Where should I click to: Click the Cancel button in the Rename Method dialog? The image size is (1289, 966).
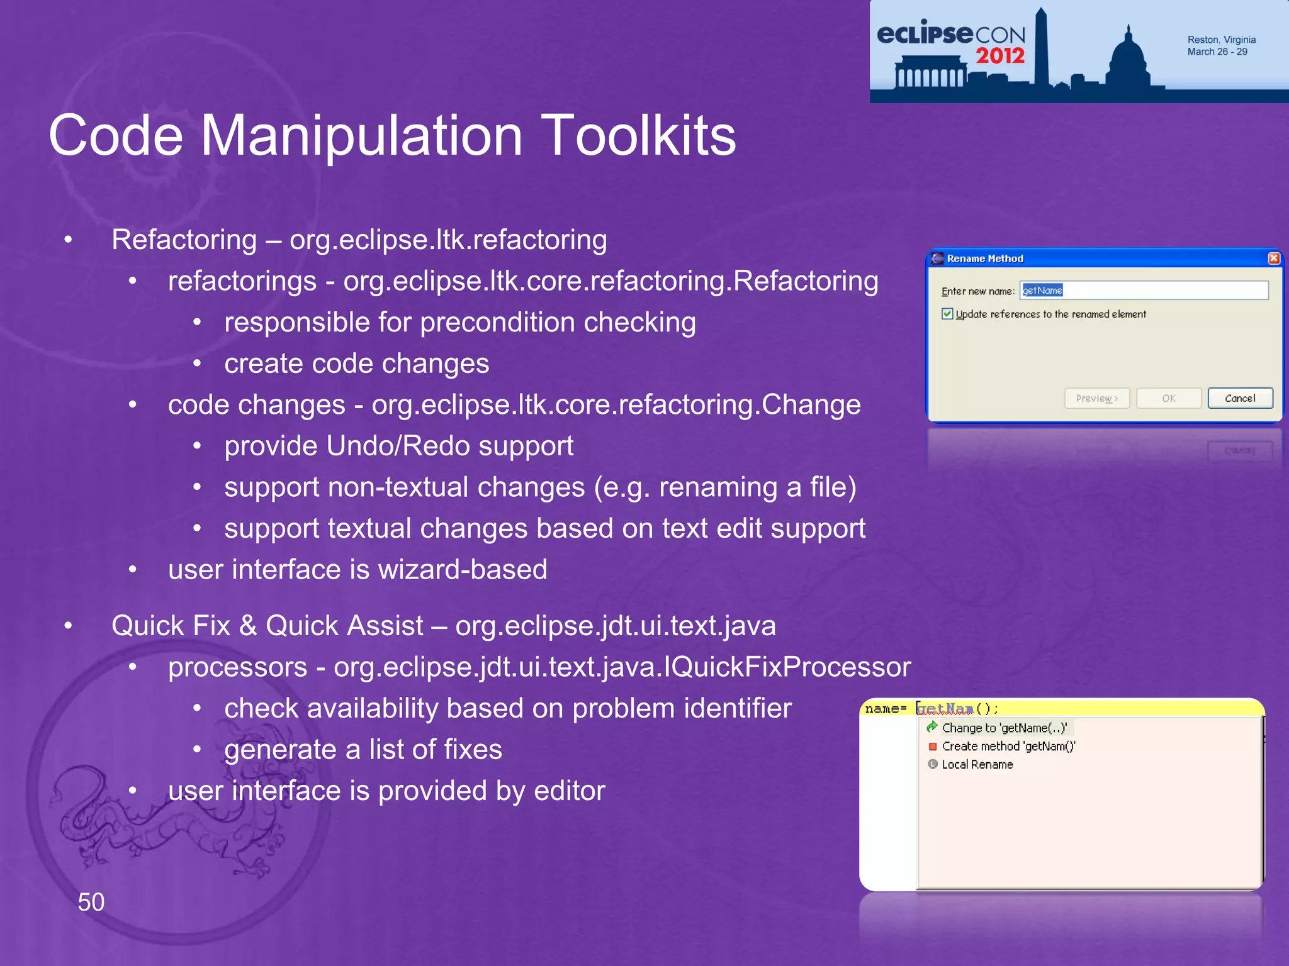click(1239, 398)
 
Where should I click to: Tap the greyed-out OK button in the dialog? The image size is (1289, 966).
click(1168, 398)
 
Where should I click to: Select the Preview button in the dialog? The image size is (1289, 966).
click(1096, 398)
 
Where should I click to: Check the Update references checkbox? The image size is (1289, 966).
click(947, 314)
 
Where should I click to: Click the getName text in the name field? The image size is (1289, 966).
click(1042, 291)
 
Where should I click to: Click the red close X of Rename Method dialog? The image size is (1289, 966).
click(1273, 258)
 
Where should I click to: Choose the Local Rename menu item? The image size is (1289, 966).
click(977, 765)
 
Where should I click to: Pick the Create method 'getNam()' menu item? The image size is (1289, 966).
click(1008, 747)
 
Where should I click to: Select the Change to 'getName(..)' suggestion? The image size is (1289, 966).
click(1004, 728)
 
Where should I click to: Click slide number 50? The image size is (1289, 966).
click(91, 902)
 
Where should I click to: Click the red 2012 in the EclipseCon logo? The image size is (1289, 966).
click(1000, 56)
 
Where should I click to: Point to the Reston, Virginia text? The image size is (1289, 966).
click(1221, 40)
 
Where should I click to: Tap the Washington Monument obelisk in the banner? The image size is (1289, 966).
click(1042, 50)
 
